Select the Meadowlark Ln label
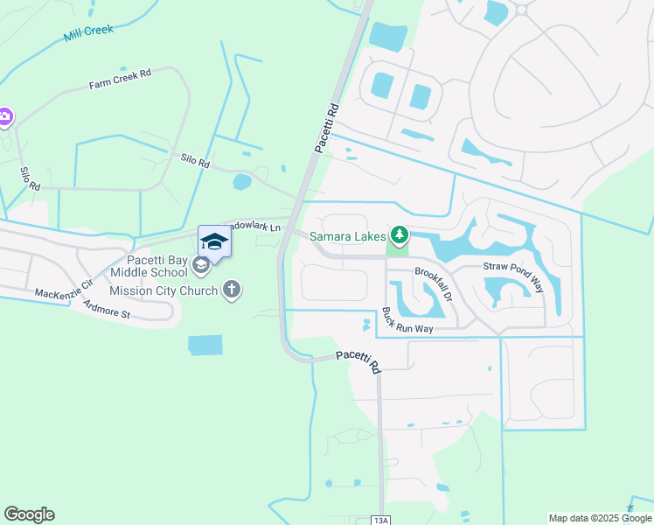pos(254,227)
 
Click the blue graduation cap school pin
pos(214,241)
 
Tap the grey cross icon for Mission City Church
pos(232,290)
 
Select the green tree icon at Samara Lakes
pos(400,234)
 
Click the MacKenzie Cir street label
pos(62,289)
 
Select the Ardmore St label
pos(107,309)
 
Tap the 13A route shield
pos(379,520)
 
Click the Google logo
pos(29,514)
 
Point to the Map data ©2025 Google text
pos(599,518)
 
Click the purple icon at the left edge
pos(4,115)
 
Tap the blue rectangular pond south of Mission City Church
pos(205,345)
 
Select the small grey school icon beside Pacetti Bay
pos(200,265)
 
